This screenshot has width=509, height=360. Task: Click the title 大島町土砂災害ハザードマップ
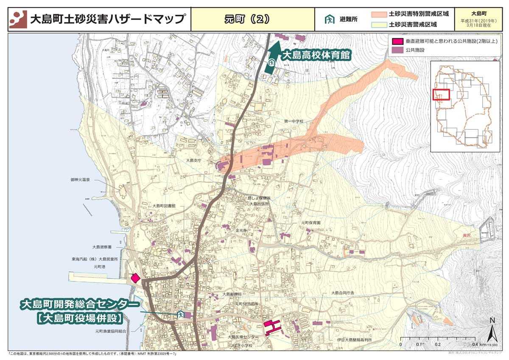(x=108, y=19)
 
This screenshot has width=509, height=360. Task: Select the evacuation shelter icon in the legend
(x=329, y=20)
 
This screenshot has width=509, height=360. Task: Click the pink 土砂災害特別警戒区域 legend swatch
(x=378, y=14)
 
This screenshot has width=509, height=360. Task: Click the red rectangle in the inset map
(x=441, y=95)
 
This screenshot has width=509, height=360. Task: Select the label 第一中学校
(x=294, y=122)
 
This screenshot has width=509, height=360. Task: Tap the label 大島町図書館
(x=164, y=206)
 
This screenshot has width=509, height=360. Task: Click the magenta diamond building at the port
(x=135, y=278)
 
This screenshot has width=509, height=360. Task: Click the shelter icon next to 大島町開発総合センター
(x=180, y=315)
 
